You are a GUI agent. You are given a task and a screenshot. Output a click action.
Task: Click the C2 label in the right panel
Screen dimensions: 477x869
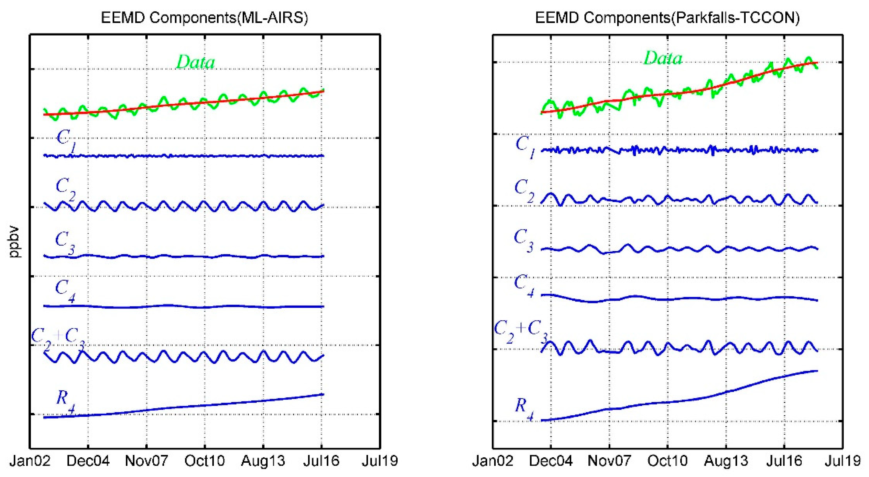tap(524, 191)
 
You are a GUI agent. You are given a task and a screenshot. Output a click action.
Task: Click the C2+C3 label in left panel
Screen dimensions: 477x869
tap(58, 339)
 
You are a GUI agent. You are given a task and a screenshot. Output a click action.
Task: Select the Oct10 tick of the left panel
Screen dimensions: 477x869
tap(204, 461)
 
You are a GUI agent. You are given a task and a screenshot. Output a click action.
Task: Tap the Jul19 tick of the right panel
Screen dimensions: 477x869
tap(843, 461)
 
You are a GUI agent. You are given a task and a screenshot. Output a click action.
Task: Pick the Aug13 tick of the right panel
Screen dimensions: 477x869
tap(726, 461)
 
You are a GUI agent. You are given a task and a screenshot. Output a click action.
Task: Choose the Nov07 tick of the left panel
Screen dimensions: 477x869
tap(146, 461)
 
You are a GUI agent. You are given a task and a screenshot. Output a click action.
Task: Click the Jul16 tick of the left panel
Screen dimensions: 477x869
tap(321, 461)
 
